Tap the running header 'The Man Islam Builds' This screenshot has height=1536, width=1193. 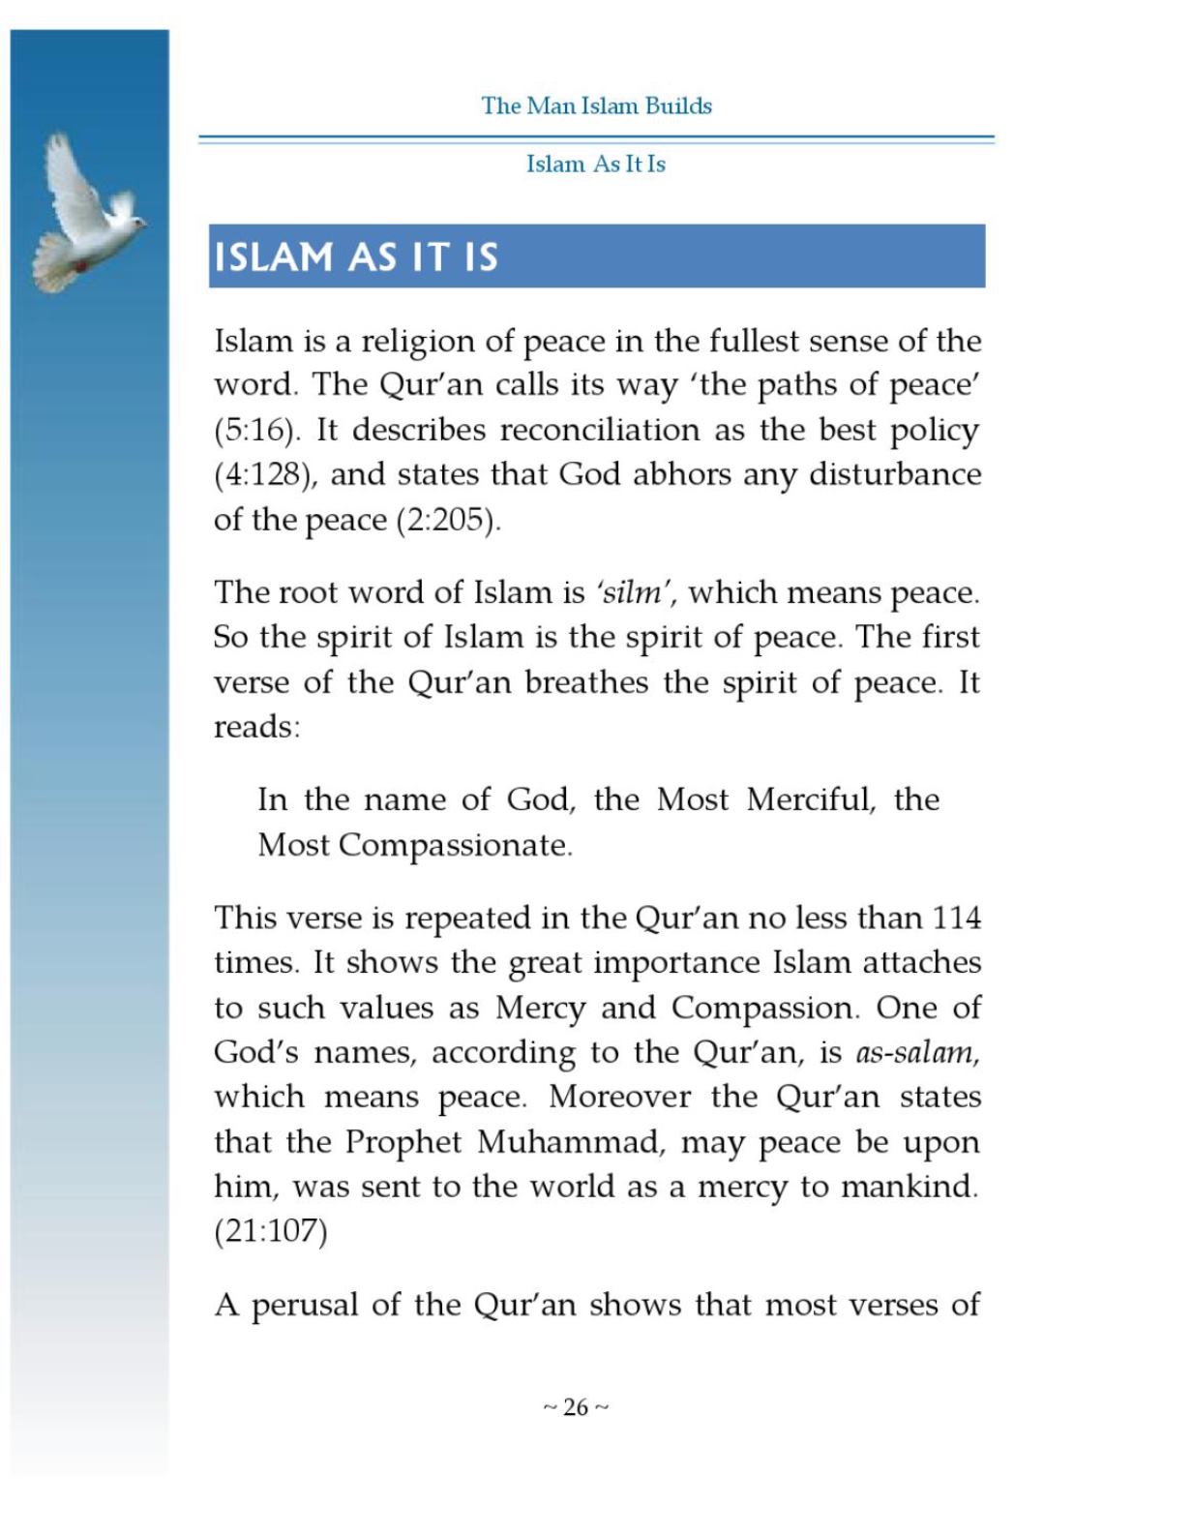(596, 105)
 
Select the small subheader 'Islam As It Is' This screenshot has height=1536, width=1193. (596, 164)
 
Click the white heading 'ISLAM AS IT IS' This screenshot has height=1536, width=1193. (355, 257)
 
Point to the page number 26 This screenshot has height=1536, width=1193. (576, 1407)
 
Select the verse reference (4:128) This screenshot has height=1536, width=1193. (263, 474)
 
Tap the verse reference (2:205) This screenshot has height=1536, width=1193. (447, 520)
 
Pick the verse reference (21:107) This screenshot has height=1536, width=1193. (270, 1231)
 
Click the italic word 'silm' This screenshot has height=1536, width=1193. (630, 592)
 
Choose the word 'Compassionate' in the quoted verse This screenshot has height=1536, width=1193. (454, 845)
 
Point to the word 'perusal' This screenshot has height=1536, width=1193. (305, 1305)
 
